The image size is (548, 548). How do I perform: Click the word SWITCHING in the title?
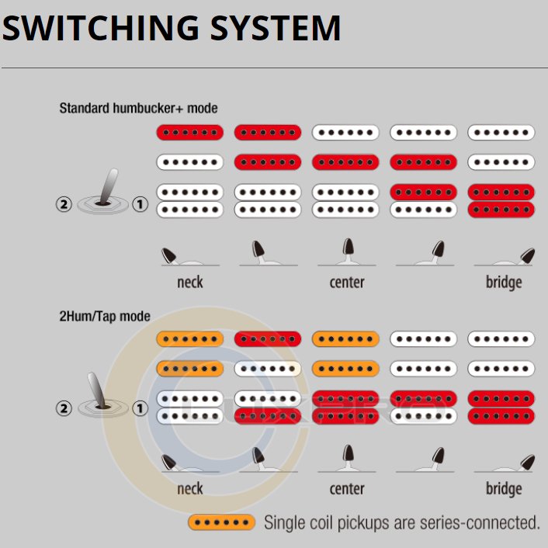pyautogui.click(x=90, y=28)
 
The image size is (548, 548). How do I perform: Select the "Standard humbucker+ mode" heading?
pyautogui.click(x=138, y=108)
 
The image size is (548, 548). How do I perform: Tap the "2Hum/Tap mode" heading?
pyautogui.click(x=104, y=317)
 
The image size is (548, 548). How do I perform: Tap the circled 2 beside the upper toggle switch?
pyautogui.click(x=64, y=205)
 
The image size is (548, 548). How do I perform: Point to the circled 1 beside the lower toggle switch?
pyautogui.click(x=140, y=408)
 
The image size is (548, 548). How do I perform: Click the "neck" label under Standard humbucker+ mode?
pyautogui.click(x=189, y=281)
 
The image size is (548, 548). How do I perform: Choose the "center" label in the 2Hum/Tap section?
pyautogui.click(x=347, y=488)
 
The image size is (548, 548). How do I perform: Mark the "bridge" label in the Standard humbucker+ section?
pyautogui.click(x=504, y=281)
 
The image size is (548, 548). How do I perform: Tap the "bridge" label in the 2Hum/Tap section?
pyautogui.click(x=504, y=488)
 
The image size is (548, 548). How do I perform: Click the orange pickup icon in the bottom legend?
pyautogui.click(x=222, y=522)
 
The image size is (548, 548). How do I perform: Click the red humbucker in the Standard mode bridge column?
pyautogui.click(x=501, y=200)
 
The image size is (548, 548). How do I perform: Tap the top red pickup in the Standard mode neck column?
pyautogui.click(x=190, y=133)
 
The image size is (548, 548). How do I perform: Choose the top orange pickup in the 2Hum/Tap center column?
pyautogui.click(x=345, y=339)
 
